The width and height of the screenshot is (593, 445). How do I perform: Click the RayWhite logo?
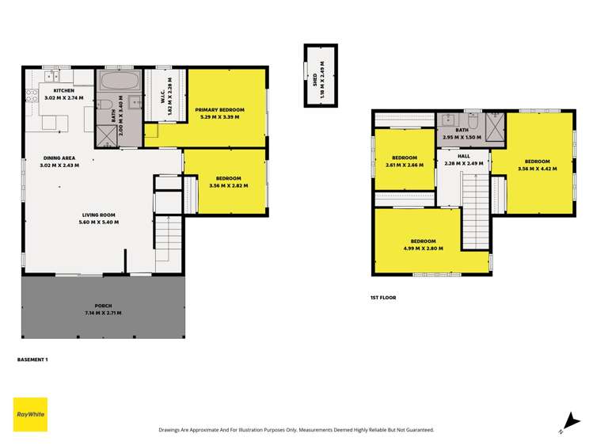pyautogui.click(x=30, y=414)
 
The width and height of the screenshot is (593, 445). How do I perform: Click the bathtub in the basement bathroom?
pyautogui.click(x=120, y=81)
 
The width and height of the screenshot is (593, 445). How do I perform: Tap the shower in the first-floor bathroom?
pyautogui.click(x=496, y=126)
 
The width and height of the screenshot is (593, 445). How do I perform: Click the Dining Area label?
pyautogui.click(x=57, y=158)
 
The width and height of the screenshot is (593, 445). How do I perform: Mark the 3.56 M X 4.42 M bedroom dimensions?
pyautogui.click(x=532, y=168)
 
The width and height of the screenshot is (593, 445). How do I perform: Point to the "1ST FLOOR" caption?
pyautogui.click(x=382, y=297)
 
